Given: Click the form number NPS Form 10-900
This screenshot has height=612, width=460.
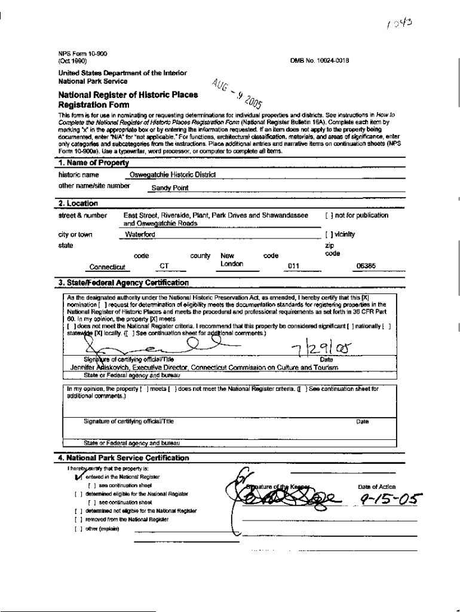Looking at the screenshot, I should tap(74, 54).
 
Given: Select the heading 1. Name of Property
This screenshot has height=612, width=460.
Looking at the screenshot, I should tap(94, 163).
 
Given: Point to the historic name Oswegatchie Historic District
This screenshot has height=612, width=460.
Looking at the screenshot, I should tap(173, 175).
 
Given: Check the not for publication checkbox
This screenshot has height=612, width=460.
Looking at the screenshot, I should tap(328, 215).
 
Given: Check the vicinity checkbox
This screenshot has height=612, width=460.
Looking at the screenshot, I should tap(328, 234).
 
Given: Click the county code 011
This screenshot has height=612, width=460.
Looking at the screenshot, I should tap(293, 267).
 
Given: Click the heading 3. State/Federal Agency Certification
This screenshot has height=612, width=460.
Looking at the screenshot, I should tap(124, 283).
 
